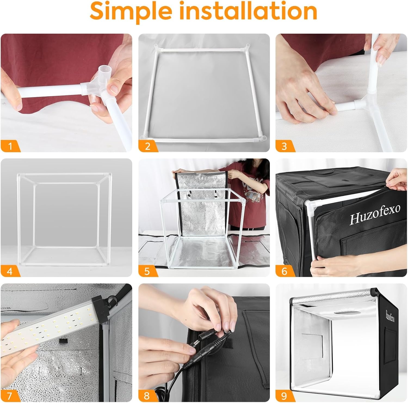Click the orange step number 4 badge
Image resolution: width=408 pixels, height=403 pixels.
[10, 271]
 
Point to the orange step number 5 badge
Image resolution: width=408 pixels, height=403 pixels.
[147, 271]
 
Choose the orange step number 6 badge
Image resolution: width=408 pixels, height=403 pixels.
[285, 271]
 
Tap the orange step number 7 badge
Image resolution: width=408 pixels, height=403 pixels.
[10, 396]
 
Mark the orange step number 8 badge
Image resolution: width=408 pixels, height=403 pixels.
[147, 396]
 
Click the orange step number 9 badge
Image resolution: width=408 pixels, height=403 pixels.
[285, 396]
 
